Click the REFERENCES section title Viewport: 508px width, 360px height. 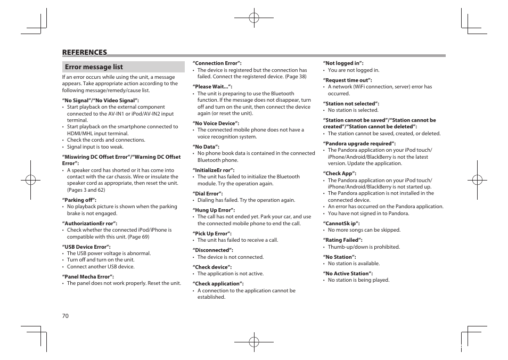point(85,52)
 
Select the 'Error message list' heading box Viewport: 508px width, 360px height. point(123,67)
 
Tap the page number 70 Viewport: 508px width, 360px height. point(65,316)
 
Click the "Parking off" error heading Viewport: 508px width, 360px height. point(79,200)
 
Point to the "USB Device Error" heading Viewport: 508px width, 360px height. point(86,247)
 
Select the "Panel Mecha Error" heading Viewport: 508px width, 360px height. point(88,276)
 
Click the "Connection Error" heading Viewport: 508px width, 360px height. point(217,63)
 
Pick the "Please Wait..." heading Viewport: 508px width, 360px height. point(212,87)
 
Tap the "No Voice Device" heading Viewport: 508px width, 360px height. point(216,123)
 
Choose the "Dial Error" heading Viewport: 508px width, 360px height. point(208,193)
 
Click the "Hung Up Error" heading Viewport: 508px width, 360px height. point(212,210)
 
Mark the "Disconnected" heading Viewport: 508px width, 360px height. point(212,250)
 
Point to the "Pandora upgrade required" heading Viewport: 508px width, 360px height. point(359,143)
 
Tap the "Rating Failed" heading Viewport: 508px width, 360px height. point(342,240)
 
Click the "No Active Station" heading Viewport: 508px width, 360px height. point(350,273)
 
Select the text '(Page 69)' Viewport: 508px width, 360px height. point(138,237)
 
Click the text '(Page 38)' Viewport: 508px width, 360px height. point(296,77)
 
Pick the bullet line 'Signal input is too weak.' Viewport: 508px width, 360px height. point(95,147)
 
